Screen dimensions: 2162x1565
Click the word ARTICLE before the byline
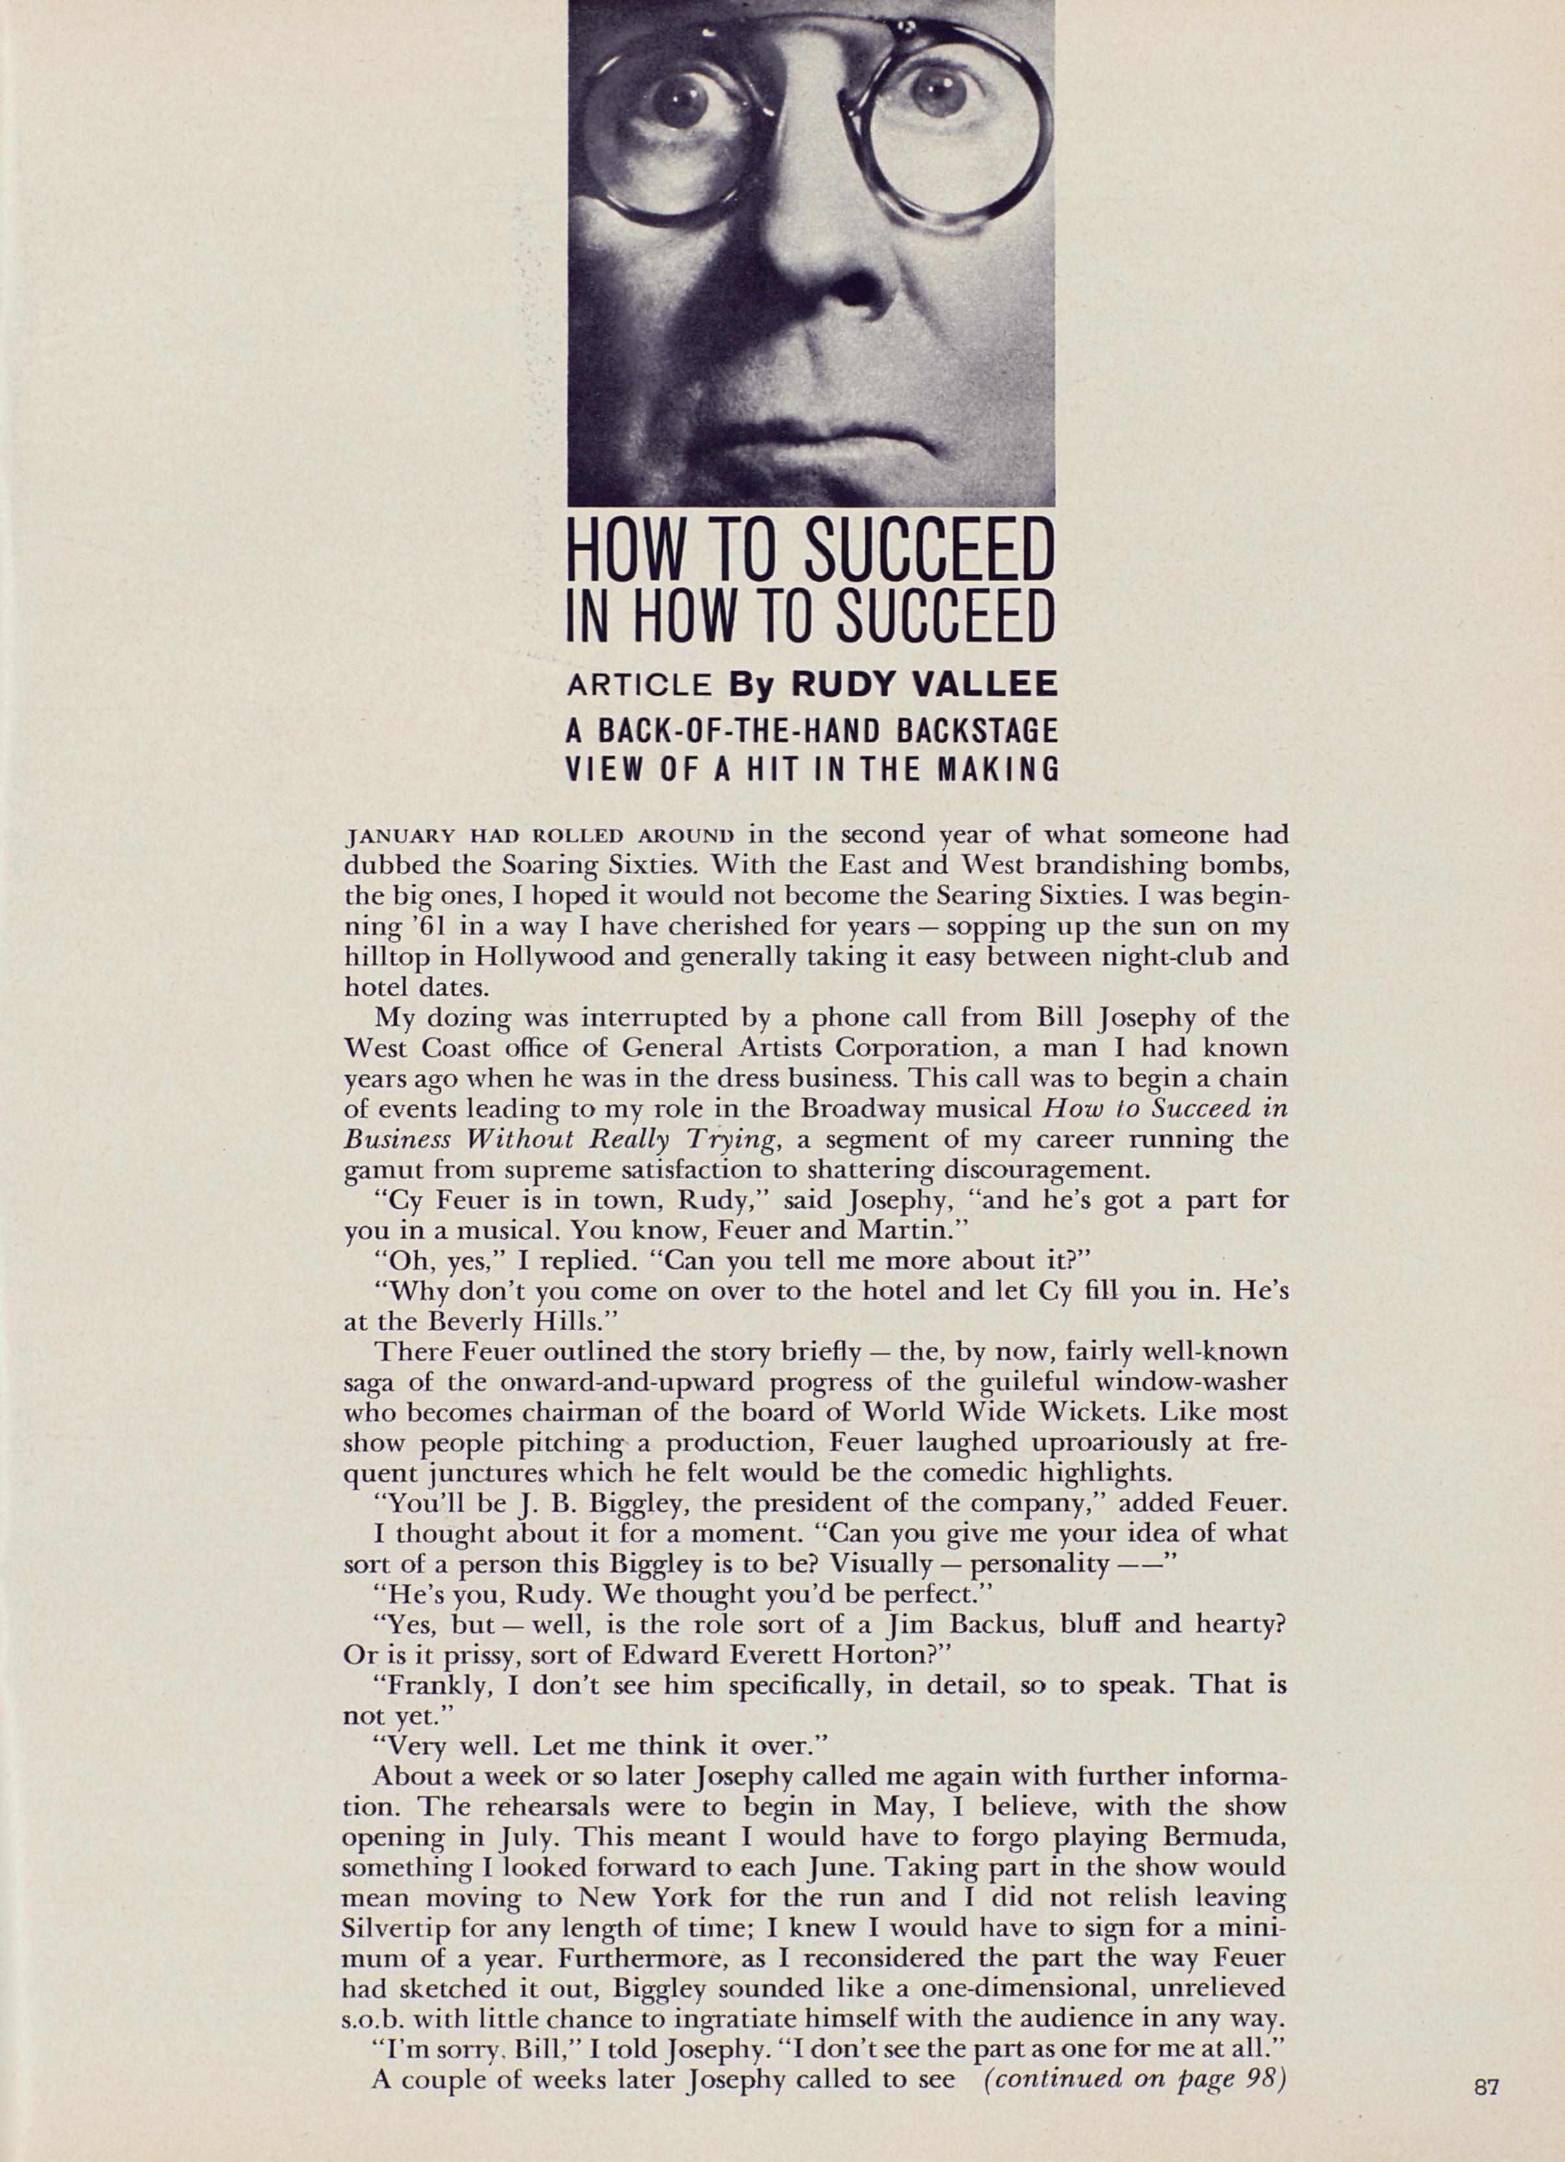point(639,683)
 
